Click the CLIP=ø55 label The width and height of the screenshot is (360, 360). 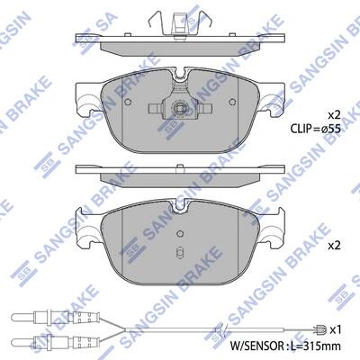coord(315,129)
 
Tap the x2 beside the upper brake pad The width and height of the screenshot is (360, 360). coord(334,114)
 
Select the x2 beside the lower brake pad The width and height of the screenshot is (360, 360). coord(334,246)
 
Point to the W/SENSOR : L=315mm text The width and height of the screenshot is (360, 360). coord(285,346)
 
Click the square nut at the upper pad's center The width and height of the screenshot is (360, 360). coord(179,107)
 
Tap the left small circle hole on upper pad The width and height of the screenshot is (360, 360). coord(128,102)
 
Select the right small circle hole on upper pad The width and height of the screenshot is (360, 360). coord(232,102)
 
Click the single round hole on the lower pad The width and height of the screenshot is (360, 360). coord(180,233)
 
